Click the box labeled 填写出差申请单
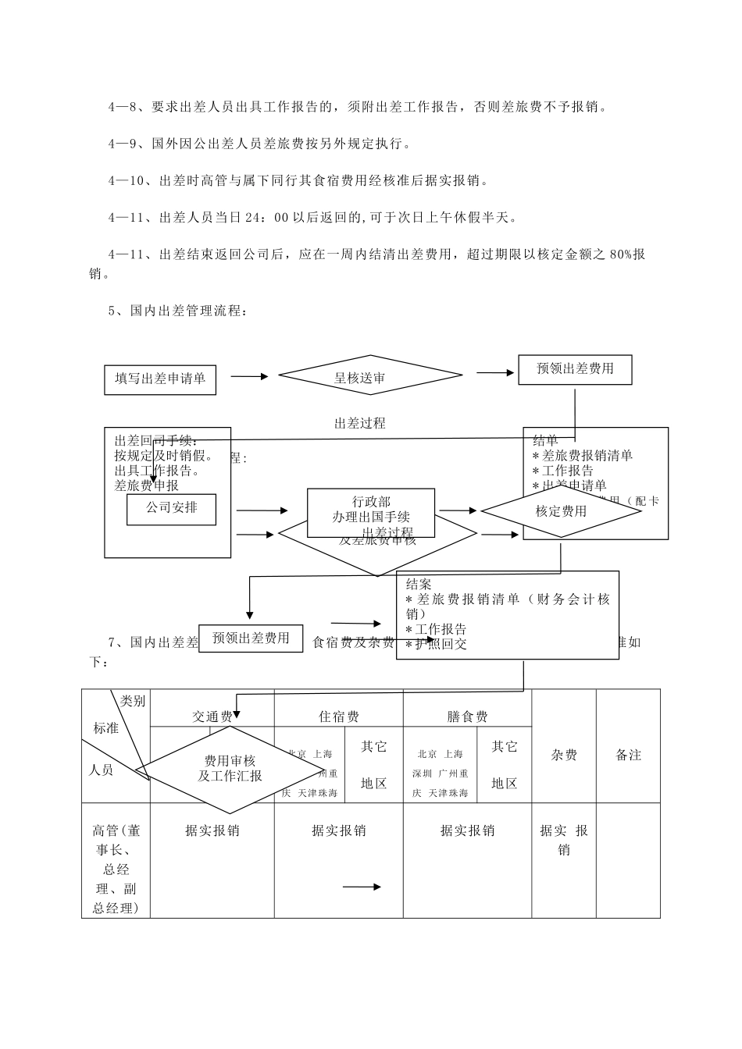coord(160,379)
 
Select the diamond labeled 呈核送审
coord(359,379)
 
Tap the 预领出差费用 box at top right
coord(575,369)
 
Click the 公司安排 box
coord(171,508)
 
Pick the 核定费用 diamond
coord(561,511)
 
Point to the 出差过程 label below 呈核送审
coord(359,424)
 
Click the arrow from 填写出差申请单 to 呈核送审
coord(249,376)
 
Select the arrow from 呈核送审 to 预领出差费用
coord(495,372)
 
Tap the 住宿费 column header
coord(338,717)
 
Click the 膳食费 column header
coord(467,717)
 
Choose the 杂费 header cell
coord(564,755)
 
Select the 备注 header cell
coord(628,755)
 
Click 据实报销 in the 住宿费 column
coord(338,830)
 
